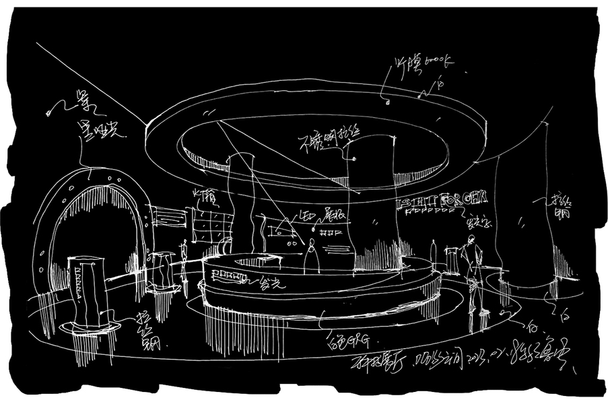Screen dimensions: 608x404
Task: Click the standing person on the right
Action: coord(475,273)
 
